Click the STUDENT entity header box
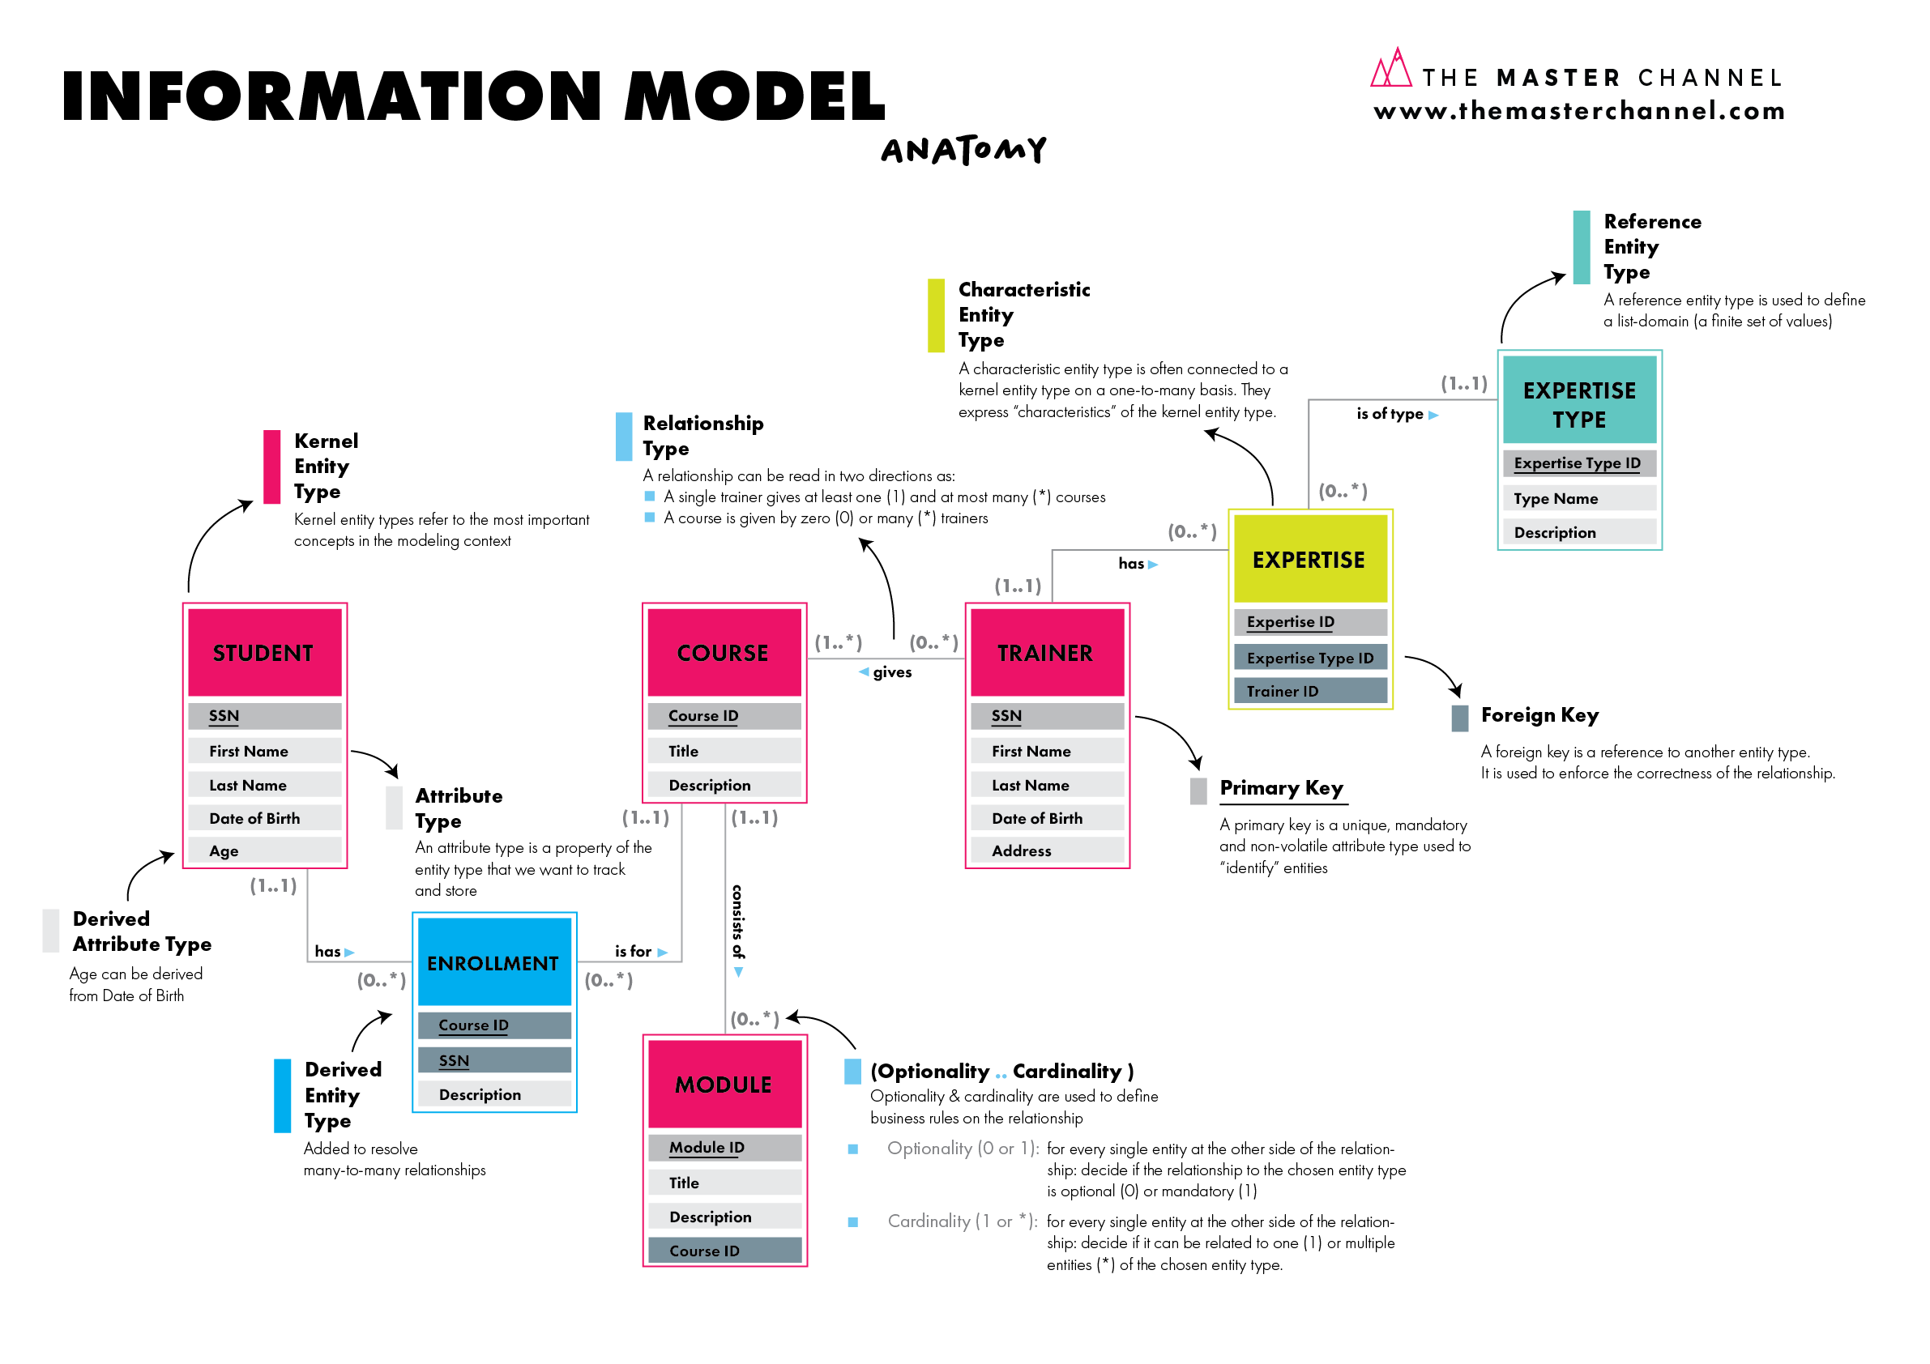264,653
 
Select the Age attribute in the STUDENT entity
264,850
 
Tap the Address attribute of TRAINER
1047,850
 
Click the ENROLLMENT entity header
493,963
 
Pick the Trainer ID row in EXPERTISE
1309,691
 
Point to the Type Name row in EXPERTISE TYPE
1578,498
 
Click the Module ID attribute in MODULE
724,1147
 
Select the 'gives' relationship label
892,672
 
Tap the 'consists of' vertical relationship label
738,922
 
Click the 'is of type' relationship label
1390,413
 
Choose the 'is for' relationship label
633,952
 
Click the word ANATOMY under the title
963,151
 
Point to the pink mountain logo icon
1390,69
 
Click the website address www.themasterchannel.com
1578,111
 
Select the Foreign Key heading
1539,715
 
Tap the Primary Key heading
1281,788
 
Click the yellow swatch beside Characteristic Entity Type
936,315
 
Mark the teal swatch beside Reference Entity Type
1581,247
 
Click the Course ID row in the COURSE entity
724,716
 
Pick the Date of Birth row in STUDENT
264,818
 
